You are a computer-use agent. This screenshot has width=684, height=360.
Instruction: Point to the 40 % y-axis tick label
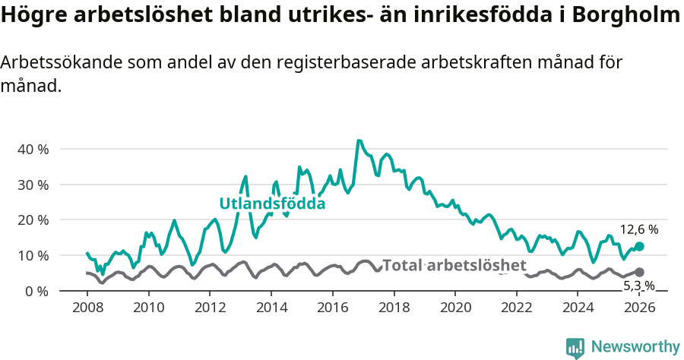tap(33, 149)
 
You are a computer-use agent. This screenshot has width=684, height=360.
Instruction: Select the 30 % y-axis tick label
tap(33, 185)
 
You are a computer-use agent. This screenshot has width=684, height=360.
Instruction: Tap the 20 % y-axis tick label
tap(33, 220)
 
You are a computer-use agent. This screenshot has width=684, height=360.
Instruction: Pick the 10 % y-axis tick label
tap(33, 255)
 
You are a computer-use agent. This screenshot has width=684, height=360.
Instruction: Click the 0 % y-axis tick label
tap(36, 291)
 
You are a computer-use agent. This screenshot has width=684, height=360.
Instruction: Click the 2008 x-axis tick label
tap(87, 308)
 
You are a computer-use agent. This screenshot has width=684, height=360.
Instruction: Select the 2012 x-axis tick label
tap(210, 308)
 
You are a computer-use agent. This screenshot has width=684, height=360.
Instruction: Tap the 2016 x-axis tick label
tap(333, 308)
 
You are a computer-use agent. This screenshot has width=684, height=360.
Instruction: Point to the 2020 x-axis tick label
tap(456, 308)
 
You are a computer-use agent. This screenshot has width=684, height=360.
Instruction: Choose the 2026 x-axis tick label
tap(640, 308)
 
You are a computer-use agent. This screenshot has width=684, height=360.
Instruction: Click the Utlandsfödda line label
tap(272, 204)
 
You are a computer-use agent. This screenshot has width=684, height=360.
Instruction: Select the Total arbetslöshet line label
tap(454, 265)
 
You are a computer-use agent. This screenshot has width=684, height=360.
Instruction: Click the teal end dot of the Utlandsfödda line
tap(640, 246)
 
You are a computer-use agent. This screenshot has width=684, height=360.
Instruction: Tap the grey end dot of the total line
tap(640, 272)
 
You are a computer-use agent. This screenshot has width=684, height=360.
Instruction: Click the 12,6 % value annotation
tap(639, 229)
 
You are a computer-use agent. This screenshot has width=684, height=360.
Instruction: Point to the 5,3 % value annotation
tap(639, 286)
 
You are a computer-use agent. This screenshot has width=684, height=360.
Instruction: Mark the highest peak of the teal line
tap(359, 141)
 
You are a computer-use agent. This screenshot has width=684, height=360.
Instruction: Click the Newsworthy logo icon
tap(575, 347)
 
